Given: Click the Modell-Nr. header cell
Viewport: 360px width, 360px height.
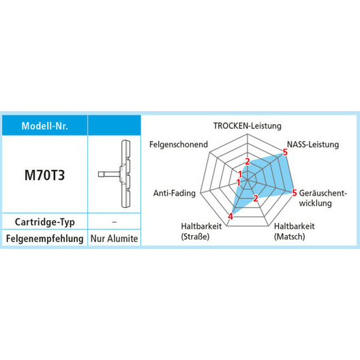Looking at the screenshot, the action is click(x=45, y=125).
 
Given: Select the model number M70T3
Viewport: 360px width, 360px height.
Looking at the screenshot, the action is click(x=45, y=175).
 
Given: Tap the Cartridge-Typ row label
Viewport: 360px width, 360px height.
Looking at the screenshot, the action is click(x=45, y=222).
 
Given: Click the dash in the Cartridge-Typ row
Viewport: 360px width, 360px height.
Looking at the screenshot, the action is click(x=115, y=222).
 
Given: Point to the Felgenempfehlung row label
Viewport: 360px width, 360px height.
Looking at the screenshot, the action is click(x=45, y=239).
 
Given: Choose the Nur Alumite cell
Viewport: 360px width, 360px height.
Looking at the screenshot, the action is click(x=115, y=239).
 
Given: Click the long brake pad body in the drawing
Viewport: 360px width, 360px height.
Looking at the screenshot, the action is click(x=126, y=174).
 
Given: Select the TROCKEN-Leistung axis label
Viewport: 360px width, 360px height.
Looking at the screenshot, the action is click(x=247, y=126).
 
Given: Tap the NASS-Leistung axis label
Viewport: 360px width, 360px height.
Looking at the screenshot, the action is click(x=313, y=145).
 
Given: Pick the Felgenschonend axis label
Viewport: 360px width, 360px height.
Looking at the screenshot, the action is click(x=179, y=145).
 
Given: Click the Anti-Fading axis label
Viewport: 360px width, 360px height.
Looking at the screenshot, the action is click(x=175, y=193).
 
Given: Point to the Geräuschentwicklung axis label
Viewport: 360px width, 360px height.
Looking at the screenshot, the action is click(x=322, y=198).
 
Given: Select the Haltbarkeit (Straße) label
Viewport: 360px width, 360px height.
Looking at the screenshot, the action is click(x=201, y=231).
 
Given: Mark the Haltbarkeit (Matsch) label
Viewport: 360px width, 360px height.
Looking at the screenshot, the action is click(x=295, y=231).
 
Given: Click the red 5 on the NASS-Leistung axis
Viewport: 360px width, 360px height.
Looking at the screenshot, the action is click(x=285, y=152).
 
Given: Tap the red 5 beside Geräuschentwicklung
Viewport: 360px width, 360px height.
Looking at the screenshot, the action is click(x=295, y=193).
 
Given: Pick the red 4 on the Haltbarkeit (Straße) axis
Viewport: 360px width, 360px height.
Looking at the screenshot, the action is click(x=230, y=216).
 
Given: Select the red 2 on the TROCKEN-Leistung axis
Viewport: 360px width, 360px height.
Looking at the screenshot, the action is click(x=247, y=162).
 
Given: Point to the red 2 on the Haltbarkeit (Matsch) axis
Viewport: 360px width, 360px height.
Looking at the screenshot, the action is click(x=256, y=198).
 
